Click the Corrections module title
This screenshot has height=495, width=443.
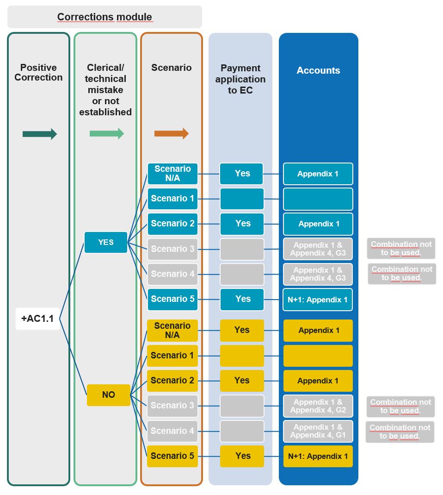[x=105, y=17]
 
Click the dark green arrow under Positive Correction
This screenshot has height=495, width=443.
[x=39, y=134]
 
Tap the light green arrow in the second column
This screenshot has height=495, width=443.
[x=106, y=134]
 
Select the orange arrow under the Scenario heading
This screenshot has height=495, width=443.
[x=171, y=133]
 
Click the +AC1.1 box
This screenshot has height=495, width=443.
[x=37, y=319]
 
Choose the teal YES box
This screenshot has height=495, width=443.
[x=105, y=242]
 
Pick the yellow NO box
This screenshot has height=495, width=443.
[x=108, y=395]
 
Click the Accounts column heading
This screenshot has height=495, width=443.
[x=318, y=70]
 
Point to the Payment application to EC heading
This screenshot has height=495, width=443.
[x=240, y=79]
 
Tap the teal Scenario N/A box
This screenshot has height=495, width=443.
[x=172, y=174]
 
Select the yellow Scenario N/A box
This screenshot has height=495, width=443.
[x=172, y=331]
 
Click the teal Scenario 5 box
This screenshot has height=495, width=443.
[x=172, y=299]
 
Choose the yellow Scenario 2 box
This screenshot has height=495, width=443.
[x=172, y=381]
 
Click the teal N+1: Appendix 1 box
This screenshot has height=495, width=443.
[x=318, y=300]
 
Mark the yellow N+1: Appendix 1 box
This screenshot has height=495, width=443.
[x=318, y=456]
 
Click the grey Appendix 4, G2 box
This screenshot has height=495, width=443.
[x=318, y=406]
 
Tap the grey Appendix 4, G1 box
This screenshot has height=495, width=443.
[x=318, y=431]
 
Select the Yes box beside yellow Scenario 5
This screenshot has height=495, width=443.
[x=242, y=456]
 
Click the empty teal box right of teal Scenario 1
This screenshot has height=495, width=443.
[x=242, y=199]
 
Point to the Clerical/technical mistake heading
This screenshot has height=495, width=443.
[x=105, y=90]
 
